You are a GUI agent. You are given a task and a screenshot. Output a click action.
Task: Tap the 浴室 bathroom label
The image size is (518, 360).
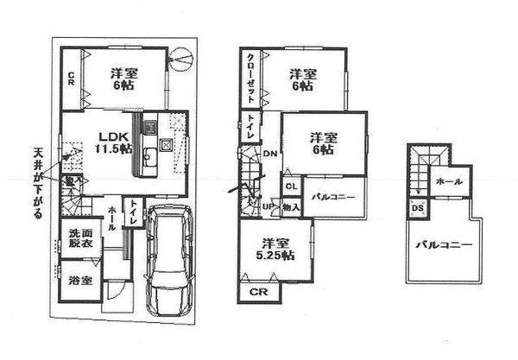(x=78, y=280)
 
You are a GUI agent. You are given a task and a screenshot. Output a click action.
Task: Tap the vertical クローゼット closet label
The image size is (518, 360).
(x=250, y=79)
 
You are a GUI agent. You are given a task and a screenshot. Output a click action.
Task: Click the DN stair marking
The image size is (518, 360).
(x=269, y=155)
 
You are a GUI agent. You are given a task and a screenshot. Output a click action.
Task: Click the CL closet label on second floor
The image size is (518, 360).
(x=291, y=186)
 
